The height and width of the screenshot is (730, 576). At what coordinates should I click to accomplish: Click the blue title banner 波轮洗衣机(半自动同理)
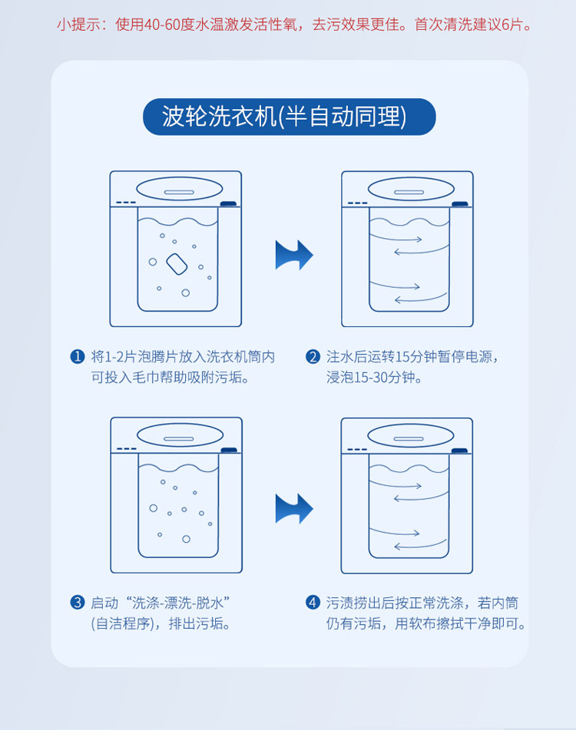pos(290,117)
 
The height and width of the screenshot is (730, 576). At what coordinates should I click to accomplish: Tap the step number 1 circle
pos(78,357)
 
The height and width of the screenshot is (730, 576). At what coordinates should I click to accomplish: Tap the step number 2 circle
pos(313,357)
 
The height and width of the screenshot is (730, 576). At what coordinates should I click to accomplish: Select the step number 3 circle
pos(78,603)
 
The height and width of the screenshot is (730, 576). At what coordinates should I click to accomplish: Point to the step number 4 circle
pos(313,603)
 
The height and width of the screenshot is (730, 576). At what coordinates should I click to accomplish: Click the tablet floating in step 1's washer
pos(177,264)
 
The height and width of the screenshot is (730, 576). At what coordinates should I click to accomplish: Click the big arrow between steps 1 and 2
pos(294,255)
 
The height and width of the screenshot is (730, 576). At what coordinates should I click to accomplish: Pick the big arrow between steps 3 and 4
pos(294,508)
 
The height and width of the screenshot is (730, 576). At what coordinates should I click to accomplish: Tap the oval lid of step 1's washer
pos(179,189)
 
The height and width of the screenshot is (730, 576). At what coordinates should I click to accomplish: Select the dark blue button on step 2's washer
pos(460,204)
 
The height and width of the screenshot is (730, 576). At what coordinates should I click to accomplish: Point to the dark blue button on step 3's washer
pos(229,450)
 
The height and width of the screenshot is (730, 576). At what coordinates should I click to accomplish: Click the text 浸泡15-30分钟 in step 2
pos(371,377)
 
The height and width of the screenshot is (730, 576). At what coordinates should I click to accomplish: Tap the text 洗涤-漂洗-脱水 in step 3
pos(178,603)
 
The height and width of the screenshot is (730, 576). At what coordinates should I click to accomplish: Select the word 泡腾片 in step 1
pos(158,357)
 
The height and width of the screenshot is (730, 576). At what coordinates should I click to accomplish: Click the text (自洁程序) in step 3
pos(122,623)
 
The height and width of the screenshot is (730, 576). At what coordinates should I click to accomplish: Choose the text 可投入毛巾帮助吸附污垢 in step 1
pos(166,377)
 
